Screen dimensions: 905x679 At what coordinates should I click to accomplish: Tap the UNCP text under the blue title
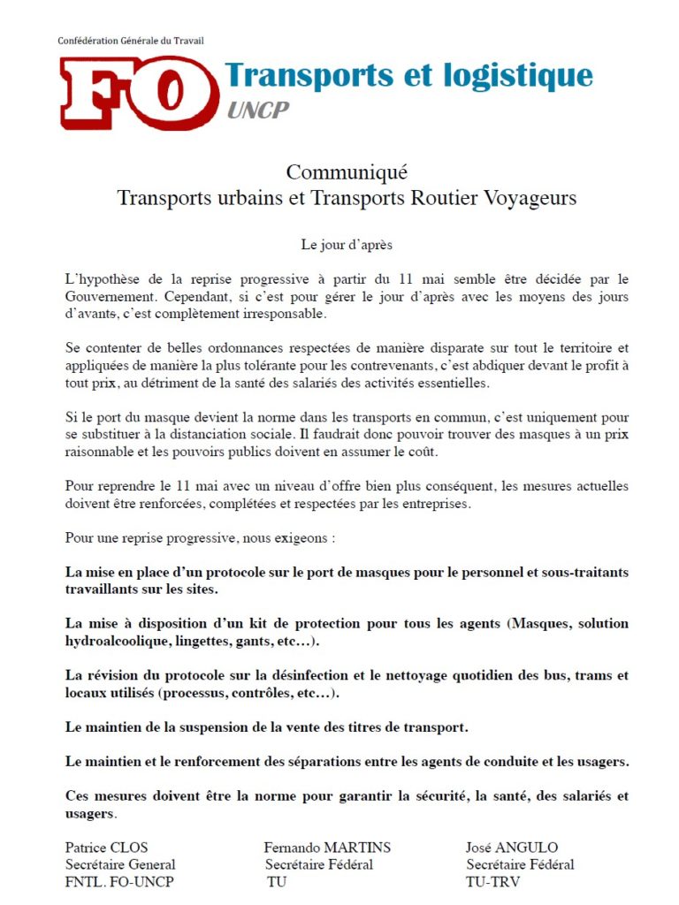(257, 110)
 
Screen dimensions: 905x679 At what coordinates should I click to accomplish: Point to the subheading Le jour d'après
(347, 244)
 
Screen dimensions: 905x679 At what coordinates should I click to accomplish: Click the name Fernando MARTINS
(327, 848)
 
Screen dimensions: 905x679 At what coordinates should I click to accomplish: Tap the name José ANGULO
(512, 848)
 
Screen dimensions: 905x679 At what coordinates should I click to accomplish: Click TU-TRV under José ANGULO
(492, 881)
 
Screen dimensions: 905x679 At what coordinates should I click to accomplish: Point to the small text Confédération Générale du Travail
(131, 41)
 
